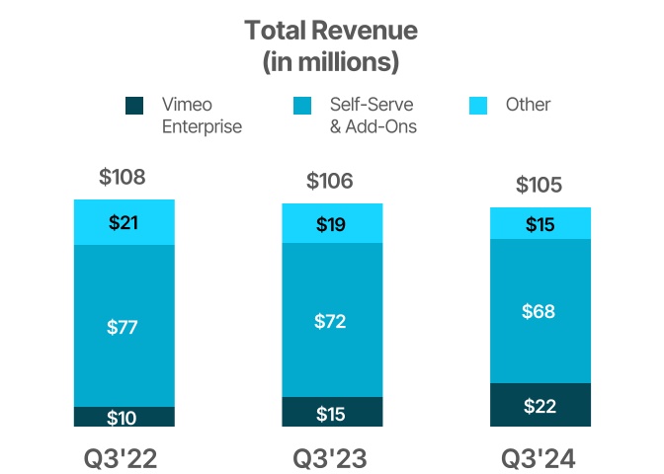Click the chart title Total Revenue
[x=331, y=31]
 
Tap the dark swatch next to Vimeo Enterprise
[x=135, y=105]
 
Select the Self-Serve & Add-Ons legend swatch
[x=303, y=105]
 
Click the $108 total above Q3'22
[x=123, y=178]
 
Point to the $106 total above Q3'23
[x=330, y=182]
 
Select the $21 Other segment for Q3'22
[x=124, y=222]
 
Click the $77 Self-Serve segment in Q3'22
[x=124, y=326]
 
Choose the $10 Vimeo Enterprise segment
[x=124, y=417]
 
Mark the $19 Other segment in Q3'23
[x=331, y=224]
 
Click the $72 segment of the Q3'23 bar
[x=331, y=320]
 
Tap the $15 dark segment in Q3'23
[x=331, y=413]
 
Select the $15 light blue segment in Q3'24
[x=539, y=224]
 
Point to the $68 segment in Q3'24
[x=539, y=311]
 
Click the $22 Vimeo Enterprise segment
[x=539, y=405]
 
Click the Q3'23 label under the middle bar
[x=331, y=459]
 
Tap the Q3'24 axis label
[x=539, y=459]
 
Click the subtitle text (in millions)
[x=331, y=62]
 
